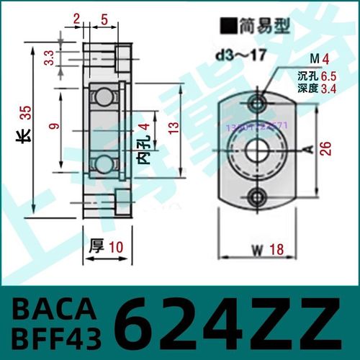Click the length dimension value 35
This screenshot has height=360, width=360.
pyautogui.click(x=25, y=112)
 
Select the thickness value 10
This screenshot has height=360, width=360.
pyautogui.click(x=117, y=247)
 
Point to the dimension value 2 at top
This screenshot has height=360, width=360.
pyautogui.click(x=77, y=20)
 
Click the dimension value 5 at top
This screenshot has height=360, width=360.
pyautogui.click(x=104, y=20)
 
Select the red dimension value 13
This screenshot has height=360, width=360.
pyautogui.click(x=190, y=128)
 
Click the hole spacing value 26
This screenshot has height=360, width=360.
pyautogui.click(x=326, y=148)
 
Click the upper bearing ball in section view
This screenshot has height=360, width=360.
pyautogui.click(x=105, y=96)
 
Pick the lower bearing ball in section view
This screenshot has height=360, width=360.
pyautogui.click(x=105, y=162)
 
